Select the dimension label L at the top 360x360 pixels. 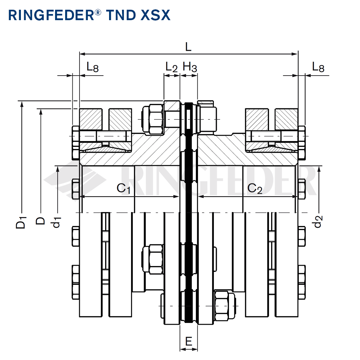188,46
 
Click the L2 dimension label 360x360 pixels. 172,67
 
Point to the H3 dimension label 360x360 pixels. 190,67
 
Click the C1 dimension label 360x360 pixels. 123,188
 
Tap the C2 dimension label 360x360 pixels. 255,188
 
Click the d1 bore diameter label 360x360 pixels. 57,222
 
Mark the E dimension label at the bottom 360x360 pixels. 189,341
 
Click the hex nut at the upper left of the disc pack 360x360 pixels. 153,118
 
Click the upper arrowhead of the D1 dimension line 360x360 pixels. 22,104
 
